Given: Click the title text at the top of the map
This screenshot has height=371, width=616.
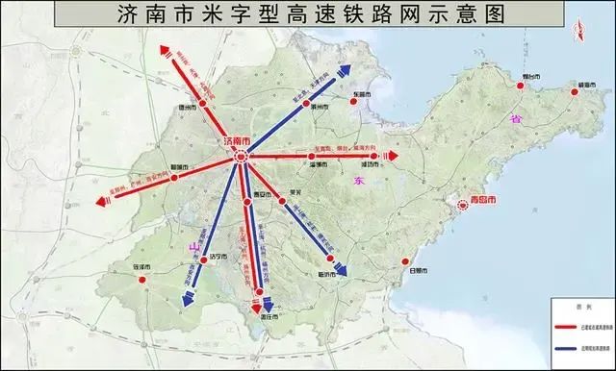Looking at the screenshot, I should [307, 14].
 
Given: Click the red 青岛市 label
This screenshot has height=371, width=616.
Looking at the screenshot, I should [480, 203].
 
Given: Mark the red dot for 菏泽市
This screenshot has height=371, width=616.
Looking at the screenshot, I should [141, 282].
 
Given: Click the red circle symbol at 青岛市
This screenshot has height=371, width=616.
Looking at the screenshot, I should [461, 203].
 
